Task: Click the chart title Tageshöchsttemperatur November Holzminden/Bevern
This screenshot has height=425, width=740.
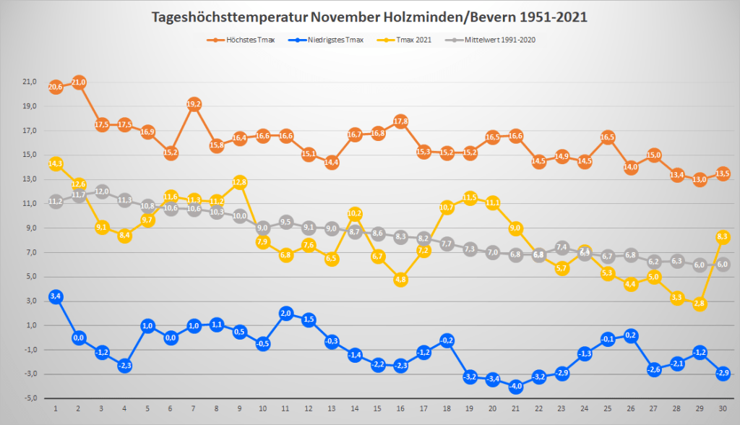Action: click(370, 17)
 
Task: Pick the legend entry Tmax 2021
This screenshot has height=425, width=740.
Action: click(409, 40)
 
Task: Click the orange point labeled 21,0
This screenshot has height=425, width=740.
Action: click(79, 82)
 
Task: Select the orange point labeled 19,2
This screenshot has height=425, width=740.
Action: click(194, 104)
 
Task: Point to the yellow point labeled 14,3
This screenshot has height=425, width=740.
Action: click(56, 164)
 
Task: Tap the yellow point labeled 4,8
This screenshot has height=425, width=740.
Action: click(401, 280)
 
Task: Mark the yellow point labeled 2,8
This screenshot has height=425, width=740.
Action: click(700, 304)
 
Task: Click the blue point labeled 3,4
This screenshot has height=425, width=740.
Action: click(56, 296)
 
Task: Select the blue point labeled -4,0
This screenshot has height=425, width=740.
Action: click(516, 387)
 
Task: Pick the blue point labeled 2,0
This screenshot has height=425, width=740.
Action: click(286, 314)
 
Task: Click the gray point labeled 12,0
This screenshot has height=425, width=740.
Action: click(102, 192)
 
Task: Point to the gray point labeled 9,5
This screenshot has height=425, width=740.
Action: click(286, 222)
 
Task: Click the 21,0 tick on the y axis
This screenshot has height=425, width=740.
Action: click(29, 82)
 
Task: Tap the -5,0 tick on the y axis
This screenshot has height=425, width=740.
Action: click(29, 398)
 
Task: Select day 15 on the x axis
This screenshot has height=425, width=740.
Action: click(378, 410)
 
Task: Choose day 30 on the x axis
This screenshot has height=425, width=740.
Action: click(723, 410)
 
